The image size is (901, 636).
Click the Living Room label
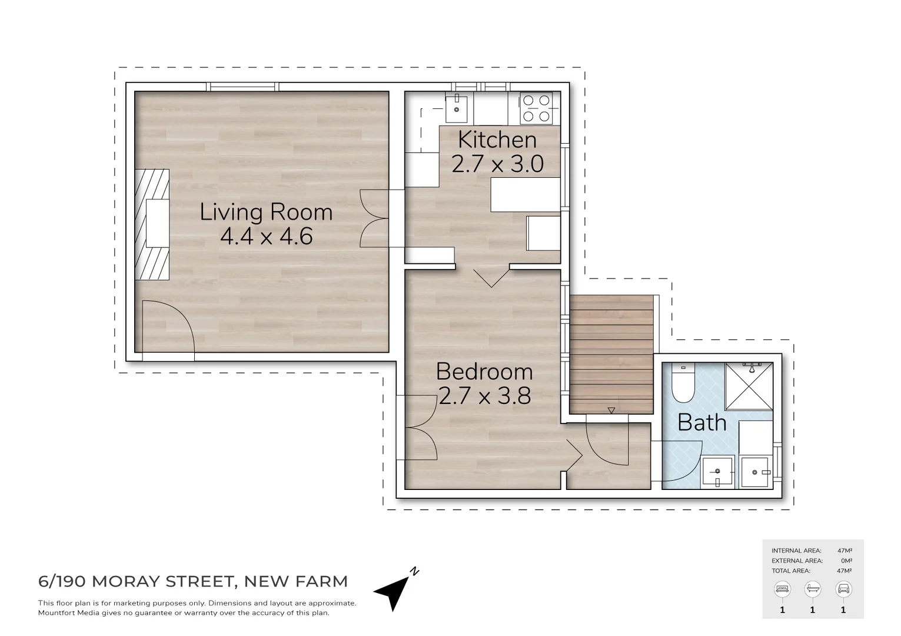coord(266,212)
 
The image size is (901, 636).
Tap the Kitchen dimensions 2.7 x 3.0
coord(497,164)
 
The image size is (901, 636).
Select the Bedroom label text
coord(484,372)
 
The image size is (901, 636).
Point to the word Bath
coord(701,422)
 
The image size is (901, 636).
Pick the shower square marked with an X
coord(749,386)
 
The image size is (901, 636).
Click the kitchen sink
coord(457,108)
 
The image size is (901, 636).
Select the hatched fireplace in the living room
coord(152,224)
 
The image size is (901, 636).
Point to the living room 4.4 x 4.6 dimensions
coord(266,237)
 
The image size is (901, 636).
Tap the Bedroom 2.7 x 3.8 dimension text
coord(484,396)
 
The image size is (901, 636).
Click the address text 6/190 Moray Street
coord(135,582)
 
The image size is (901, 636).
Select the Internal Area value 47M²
coord(845,551)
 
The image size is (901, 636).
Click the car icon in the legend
coord(843,588)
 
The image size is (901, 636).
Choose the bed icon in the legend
coord(782,588)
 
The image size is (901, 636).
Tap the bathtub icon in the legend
coord(813,588)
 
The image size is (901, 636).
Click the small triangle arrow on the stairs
coord(611,410)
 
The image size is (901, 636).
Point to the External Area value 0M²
coord(846,561)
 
